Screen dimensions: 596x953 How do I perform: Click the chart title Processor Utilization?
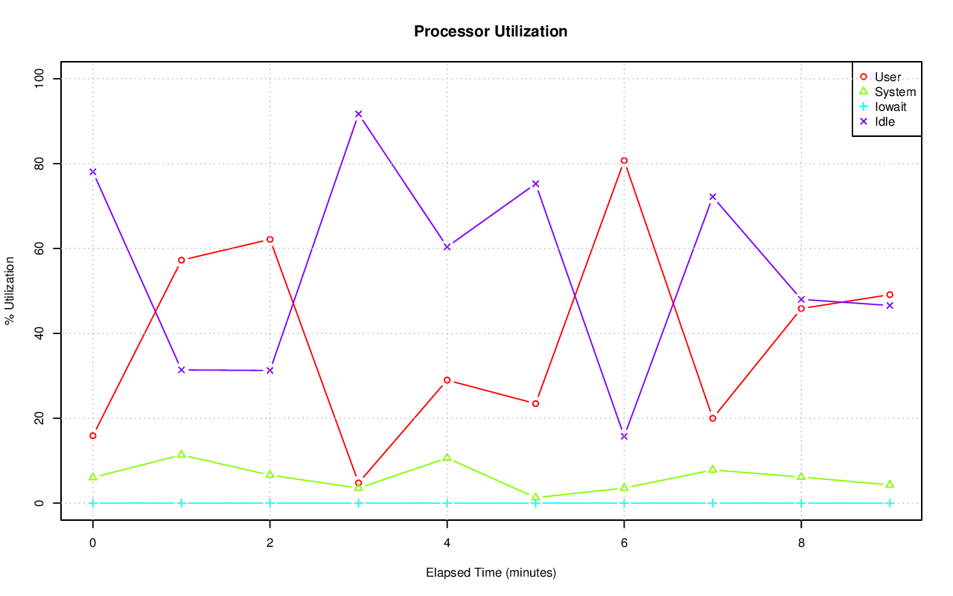(491, 31)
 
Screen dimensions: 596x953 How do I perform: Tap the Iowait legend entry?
(890, 106)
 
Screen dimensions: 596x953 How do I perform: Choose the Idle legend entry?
(885, 121)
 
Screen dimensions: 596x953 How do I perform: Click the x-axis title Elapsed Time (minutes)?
(491, 573)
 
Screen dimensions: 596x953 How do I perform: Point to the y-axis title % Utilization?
(10, 291)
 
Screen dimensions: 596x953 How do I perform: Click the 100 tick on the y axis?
(39, 78)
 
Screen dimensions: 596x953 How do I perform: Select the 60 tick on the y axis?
(39, 249)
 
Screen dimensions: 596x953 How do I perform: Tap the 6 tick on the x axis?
(624, 543)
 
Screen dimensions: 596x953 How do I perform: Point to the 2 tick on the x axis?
(270, 543)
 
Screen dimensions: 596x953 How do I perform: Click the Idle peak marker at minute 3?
(358, 114)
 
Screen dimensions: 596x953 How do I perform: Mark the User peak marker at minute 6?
(624, 161)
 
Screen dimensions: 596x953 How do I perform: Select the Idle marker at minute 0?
(92, 172)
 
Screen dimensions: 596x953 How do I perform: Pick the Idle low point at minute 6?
(624, 436)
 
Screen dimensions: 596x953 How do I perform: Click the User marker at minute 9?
(890, 295)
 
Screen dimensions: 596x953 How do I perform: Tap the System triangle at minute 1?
(181, 454)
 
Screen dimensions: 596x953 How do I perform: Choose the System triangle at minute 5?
(535, 497)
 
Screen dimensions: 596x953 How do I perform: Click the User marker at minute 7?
(713, 418)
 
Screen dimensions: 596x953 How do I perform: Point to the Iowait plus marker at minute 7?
(713, 503)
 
